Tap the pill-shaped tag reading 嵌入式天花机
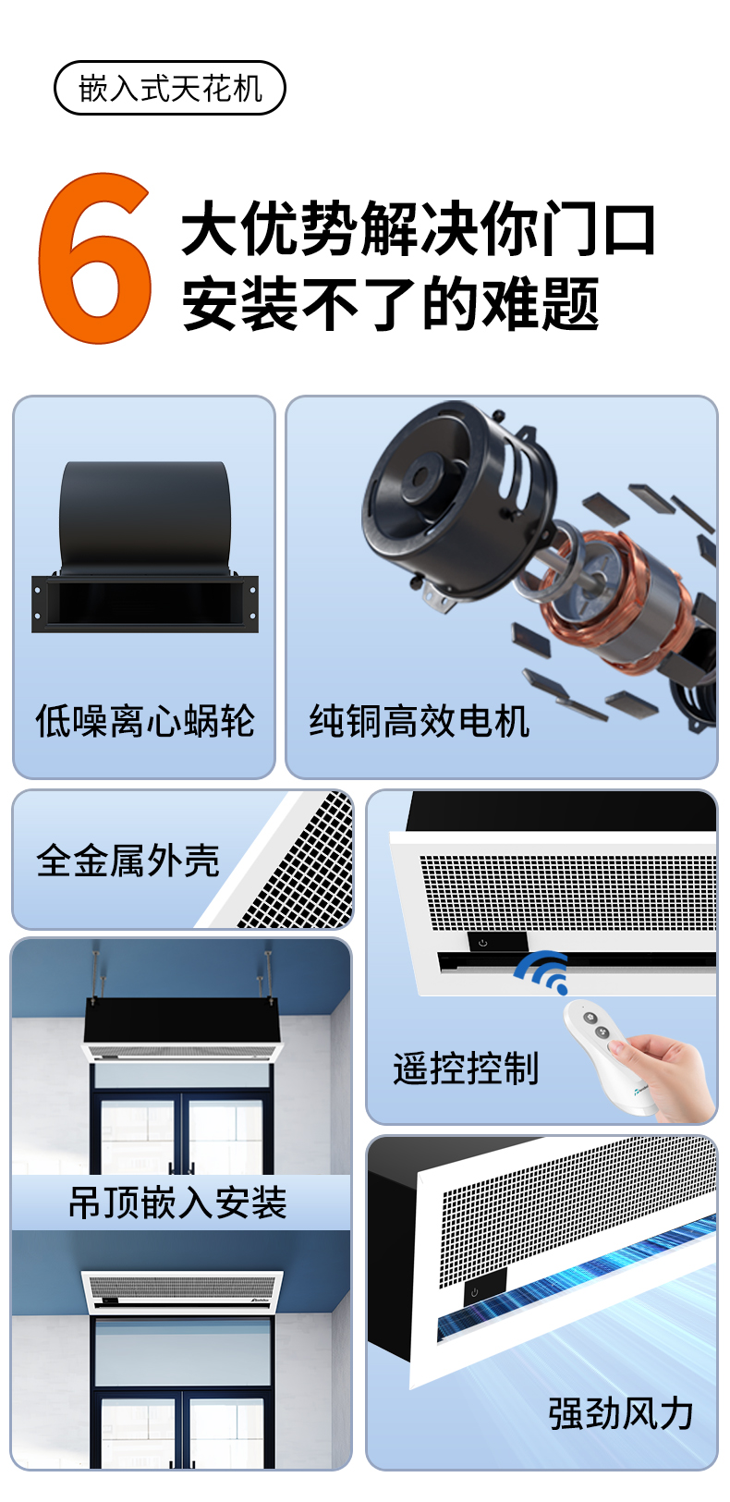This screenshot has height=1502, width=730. (x=170, y=88)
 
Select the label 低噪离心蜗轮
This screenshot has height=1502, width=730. (x=145, y=722)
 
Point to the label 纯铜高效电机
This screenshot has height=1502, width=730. (x=419, y=722)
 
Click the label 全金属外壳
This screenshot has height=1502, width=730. (x=128, y=861)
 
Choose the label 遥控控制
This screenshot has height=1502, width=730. (x=465, y=1068)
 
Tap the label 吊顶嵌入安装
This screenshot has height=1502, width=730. (x=177, y=1203)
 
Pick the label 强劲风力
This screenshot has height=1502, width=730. (x=621, y=1413)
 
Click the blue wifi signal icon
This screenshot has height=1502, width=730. (x=542, y=971)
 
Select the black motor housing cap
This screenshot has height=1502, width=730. (x=456, y=496)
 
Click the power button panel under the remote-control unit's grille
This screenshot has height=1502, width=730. (x=497, y=941)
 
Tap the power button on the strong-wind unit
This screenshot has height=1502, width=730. (x=475, y=1291)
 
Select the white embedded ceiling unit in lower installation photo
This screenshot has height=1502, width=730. (x=181, y=1292)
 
